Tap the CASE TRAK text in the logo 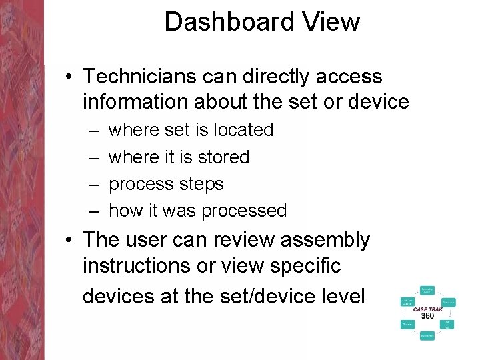(427, 309)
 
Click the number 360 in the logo (427, 316)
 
